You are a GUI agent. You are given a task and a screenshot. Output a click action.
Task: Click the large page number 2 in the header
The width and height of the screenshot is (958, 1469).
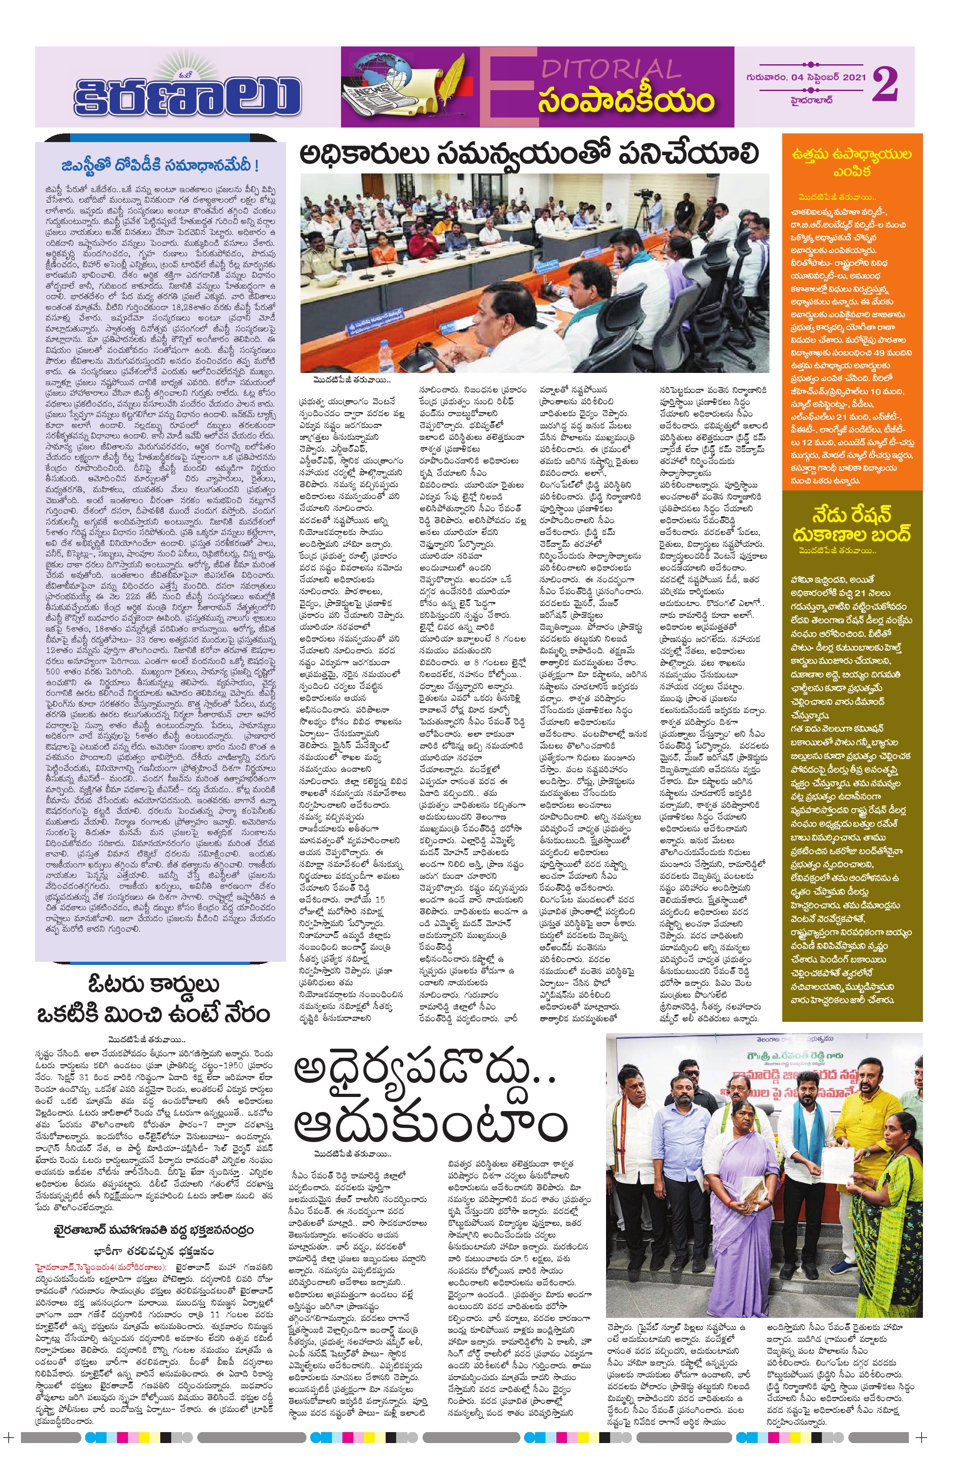(885, 85)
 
